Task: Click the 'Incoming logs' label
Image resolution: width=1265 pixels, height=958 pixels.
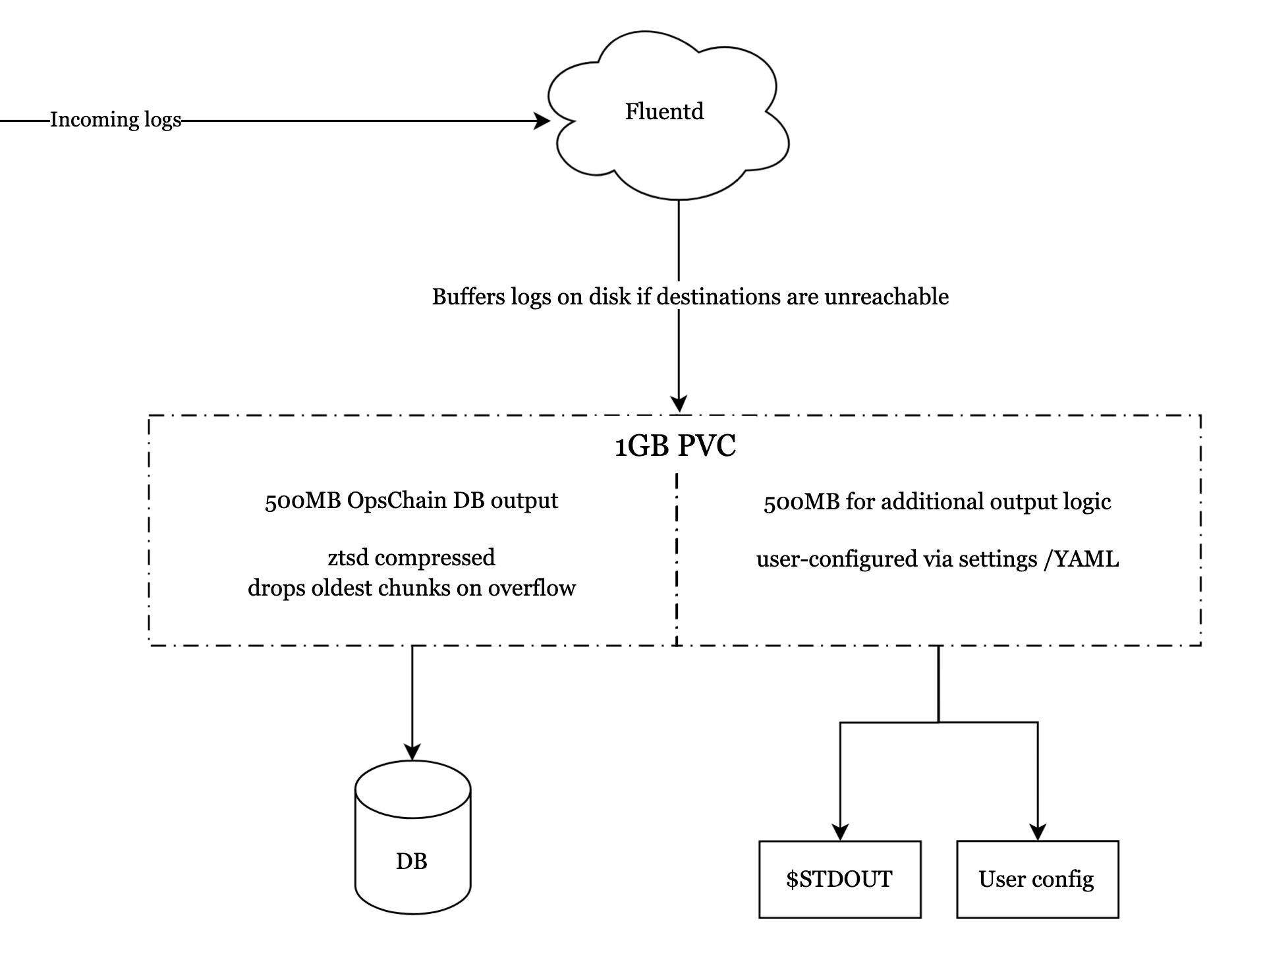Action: point(115,120)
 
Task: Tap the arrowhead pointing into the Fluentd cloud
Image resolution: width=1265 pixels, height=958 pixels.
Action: point(543,121)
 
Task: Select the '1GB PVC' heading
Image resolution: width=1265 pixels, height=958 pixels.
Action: point(675,447)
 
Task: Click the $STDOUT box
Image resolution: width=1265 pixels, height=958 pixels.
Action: point(839,879)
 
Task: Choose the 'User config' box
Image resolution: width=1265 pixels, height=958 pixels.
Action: point(1037,879)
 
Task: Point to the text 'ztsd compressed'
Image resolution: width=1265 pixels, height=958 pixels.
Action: point(411,557)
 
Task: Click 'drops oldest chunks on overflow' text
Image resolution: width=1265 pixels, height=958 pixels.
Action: point(411,588)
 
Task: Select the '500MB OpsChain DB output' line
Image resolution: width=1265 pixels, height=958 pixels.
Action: point(411,501)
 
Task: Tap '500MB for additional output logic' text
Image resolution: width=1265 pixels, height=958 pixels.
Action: point(937,502)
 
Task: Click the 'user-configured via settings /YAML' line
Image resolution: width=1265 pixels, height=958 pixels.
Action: point(937,559)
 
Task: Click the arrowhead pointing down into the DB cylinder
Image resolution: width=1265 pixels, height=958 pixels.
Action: point(412,752)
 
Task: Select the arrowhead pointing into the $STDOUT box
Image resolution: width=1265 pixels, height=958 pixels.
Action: point(840,832)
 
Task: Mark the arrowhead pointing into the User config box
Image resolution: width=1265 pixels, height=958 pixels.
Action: point(1038,832)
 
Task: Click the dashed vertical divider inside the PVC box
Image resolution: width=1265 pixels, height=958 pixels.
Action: point(677,560)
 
